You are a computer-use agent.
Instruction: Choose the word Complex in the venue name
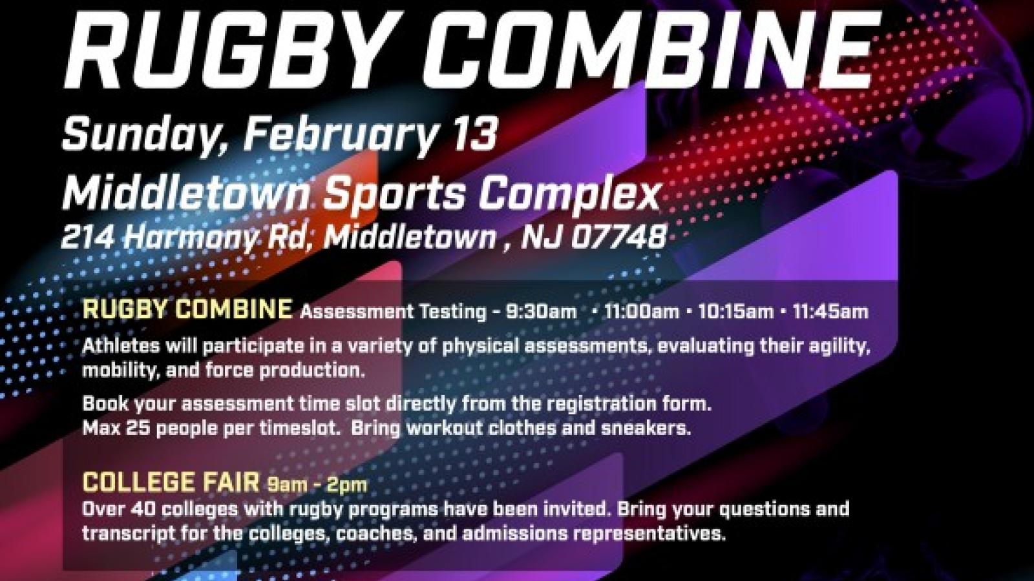coord(569,192)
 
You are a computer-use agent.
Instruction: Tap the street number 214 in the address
coord(88,238)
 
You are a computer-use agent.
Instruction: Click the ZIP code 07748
coord(620,238)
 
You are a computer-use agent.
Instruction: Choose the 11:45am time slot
coord(830,312)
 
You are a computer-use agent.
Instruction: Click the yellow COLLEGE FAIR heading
coord(171,483)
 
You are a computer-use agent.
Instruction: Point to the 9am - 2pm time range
coord(317,484)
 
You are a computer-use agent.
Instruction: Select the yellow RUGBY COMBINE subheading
coord(187,310)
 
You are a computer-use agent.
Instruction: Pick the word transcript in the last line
coord(119,534)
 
